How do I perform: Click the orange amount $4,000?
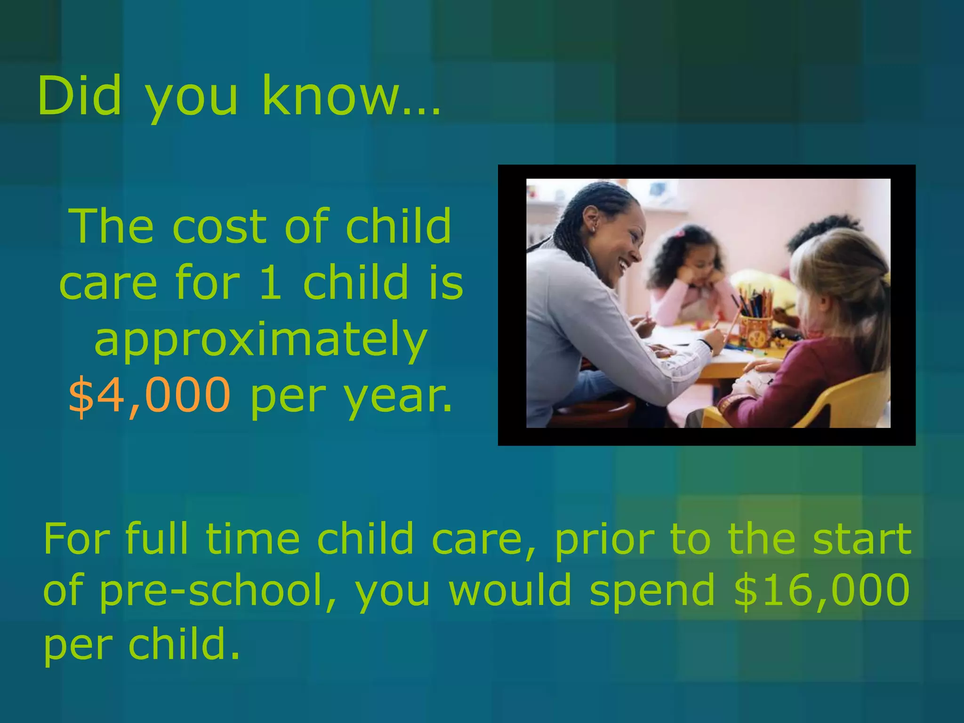pyautogui.click(x=150, y=394)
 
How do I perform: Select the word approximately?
pyautogui.click(x=261, y=340)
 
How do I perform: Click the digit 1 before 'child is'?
pyautogui.click(x=271, y=282)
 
